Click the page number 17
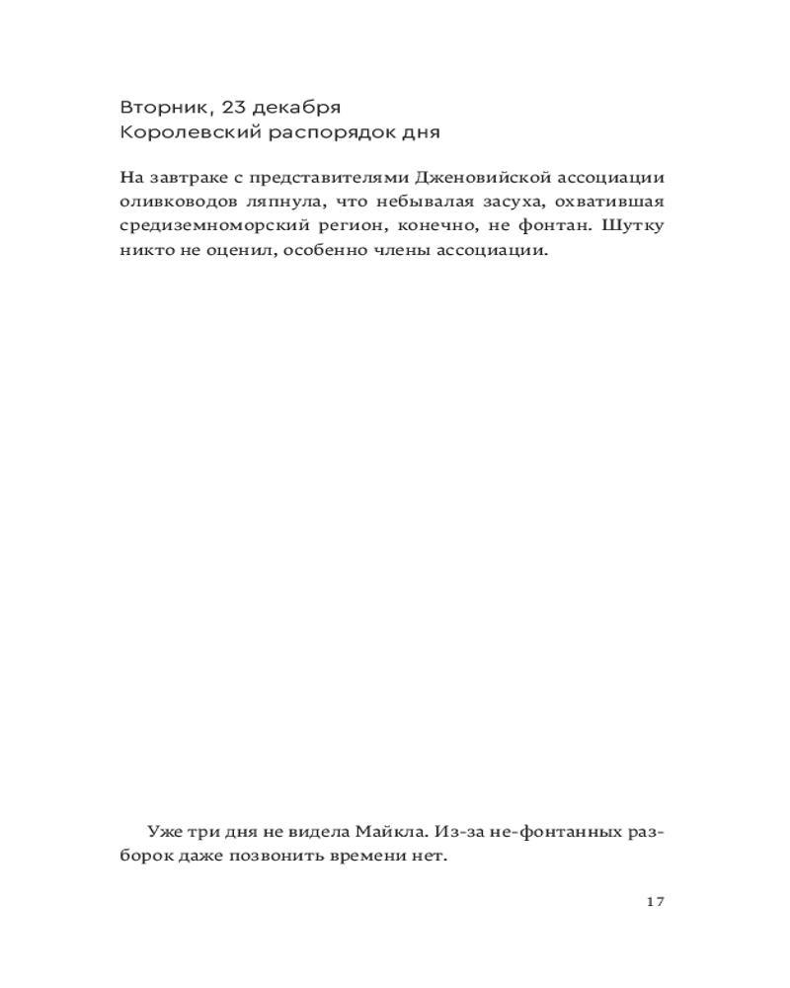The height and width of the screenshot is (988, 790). (x=654, y=901)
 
